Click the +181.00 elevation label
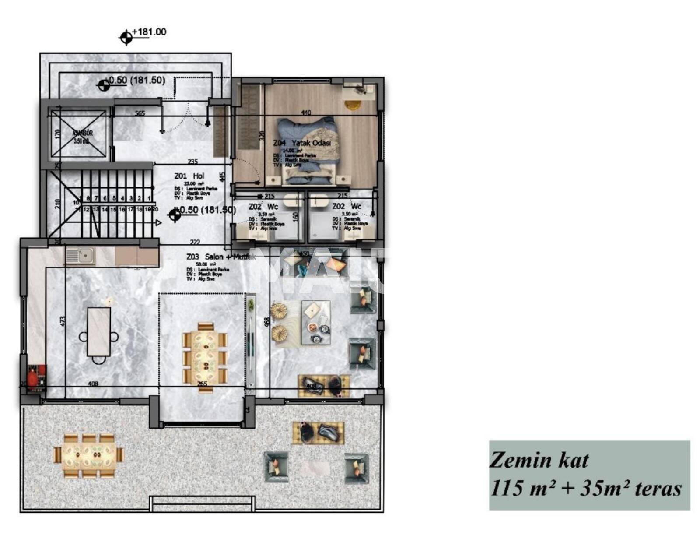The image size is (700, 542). point(149,32)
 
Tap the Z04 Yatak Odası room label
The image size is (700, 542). point(302,143)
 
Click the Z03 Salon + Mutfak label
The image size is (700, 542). point(221,257)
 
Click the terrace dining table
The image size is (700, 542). point(89,455)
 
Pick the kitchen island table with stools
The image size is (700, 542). point(99,331)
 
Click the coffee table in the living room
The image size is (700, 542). point(315,323)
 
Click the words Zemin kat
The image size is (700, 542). point(539,460)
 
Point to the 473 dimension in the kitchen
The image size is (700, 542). point(63,322)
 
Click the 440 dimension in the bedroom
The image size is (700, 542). point(306,113)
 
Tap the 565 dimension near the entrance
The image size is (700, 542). point(140,113)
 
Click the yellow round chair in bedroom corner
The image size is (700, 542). point(352,105)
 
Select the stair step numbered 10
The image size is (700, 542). point(76,202)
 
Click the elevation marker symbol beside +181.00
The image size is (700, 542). point(126,38)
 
